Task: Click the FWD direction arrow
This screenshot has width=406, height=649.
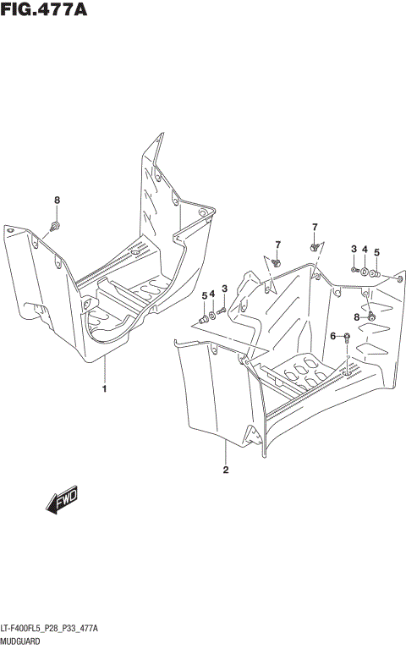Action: [x=62, y=503]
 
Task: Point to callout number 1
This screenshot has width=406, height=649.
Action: [x=104, y=389]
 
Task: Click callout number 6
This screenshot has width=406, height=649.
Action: [x=333, y=336]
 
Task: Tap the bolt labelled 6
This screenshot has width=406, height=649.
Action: [x=347, y=337]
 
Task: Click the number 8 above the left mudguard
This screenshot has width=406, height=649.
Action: [x=58, y=200]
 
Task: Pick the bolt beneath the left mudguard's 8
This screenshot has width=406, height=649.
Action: [x=55, y=225]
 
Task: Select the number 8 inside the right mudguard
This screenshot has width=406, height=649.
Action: [x=357, y=316]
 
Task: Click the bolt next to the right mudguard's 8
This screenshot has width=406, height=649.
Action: [x=370, y=316]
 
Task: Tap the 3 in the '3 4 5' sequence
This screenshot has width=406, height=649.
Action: [x=354, y=248]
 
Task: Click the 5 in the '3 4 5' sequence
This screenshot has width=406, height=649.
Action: [x=376, y=251]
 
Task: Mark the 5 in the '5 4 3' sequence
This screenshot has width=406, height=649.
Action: [x=204, y=295]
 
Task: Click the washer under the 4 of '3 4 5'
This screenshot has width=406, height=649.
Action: [x=365, y=272]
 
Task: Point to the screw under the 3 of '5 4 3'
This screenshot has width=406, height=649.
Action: [x=221, y=313]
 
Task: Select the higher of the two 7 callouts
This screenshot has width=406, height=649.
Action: [x=314, y=227]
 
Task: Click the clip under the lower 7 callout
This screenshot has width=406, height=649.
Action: [x=277, y=265]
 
